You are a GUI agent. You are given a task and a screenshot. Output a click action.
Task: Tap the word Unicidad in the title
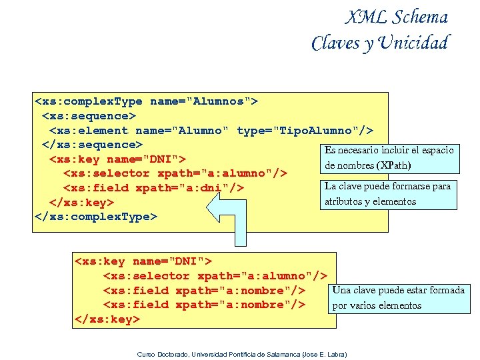click(413, 43)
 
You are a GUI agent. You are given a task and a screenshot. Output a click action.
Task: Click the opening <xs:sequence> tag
click(89, 115)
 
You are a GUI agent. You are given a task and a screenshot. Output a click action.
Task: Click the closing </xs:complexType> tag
click(95, 217)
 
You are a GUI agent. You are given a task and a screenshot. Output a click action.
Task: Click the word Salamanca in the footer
click(282, 353)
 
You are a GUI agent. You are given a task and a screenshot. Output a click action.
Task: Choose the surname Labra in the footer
click(341, 353)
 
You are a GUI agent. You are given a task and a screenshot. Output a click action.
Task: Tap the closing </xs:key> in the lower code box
click(107, 319)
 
